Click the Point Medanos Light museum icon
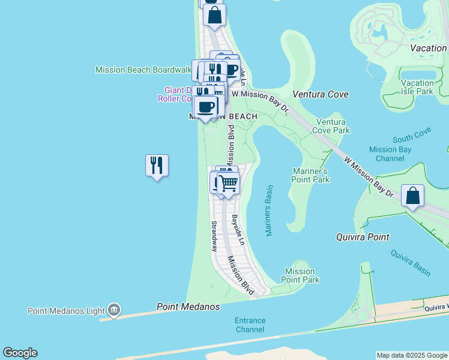(114, 310)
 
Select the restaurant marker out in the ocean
(157, 166)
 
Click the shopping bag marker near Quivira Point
(412, 196)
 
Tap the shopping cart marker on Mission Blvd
(229, 182)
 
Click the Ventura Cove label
(321, 94)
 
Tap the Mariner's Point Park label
(311, 175)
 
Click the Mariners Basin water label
(268, 210)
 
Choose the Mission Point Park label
(300, 275)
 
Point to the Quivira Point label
(362, 237)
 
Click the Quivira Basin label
(411, 262)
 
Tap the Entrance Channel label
(250, 325)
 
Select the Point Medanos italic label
(188, 307)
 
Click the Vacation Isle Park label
(417, 87)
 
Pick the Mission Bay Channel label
(391, 154)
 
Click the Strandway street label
(214, 235)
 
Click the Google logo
(20, 353)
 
